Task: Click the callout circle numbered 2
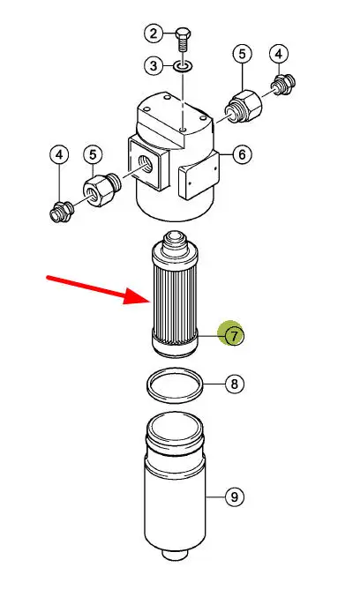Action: (154, 34)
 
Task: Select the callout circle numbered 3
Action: (154, 65)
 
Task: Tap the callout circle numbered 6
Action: (243, 154)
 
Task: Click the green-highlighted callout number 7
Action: (234, 336)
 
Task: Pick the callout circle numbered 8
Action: (235, 384)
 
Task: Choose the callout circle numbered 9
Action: (235, 496)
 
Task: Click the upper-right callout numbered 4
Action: (279, 54)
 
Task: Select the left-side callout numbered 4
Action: (59, 155)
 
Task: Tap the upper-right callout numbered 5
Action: (243, 54)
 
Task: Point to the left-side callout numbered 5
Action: (93, 155)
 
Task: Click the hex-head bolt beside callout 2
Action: (184, 40)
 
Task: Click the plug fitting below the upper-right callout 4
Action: (283, 84)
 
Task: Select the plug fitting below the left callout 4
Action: (61, 212)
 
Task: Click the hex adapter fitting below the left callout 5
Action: (101, 189)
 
